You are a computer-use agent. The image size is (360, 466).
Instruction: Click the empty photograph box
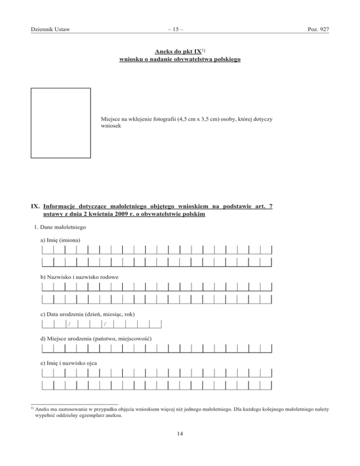pyautogui.click(x=60, y=123)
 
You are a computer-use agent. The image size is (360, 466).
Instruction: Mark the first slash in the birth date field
pyautogui.click(x=69, y=324)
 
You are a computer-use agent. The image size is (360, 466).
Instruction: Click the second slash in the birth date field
pyautogui.click(x=105, y=324)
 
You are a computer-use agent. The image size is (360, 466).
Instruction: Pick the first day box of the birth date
pyautogui.click(x=47, y=323)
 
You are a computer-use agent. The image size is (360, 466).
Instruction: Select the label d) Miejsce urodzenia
pyautogui.click(x=97, y=338)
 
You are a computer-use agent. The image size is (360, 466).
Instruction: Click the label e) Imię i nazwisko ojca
pyautogui.click(x=70, y=362)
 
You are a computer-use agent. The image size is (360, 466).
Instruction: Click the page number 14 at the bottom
pyautogui.click(x=180, y=434)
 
